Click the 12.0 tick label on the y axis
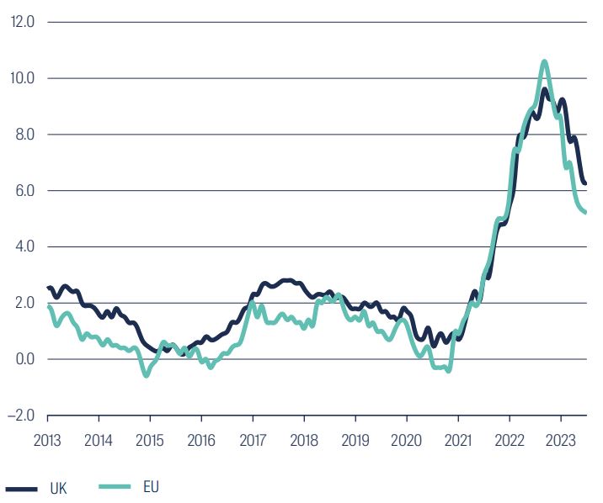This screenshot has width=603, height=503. [22, 23]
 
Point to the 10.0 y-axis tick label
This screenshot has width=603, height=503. [22, 78]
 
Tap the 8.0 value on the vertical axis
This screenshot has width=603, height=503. [24, 135]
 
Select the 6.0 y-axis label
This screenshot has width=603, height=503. [24, 191]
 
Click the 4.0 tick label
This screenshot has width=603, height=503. [24, 247]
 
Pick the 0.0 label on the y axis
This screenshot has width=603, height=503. [24, 359]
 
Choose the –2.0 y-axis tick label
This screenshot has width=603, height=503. [19, 416]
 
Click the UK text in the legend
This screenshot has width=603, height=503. [59, 488]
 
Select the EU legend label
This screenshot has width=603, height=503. [151, 486]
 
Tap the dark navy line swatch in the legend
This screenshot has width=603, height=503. [21, 488]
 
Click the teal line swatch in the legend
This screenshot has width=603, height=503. [115, 486]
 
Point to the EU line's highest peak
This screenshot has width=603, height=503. [544, 61]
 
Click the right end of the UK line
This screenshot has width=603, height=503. [585, 183]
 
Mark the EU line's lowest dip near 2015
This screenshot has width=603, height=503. [146, 375]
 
